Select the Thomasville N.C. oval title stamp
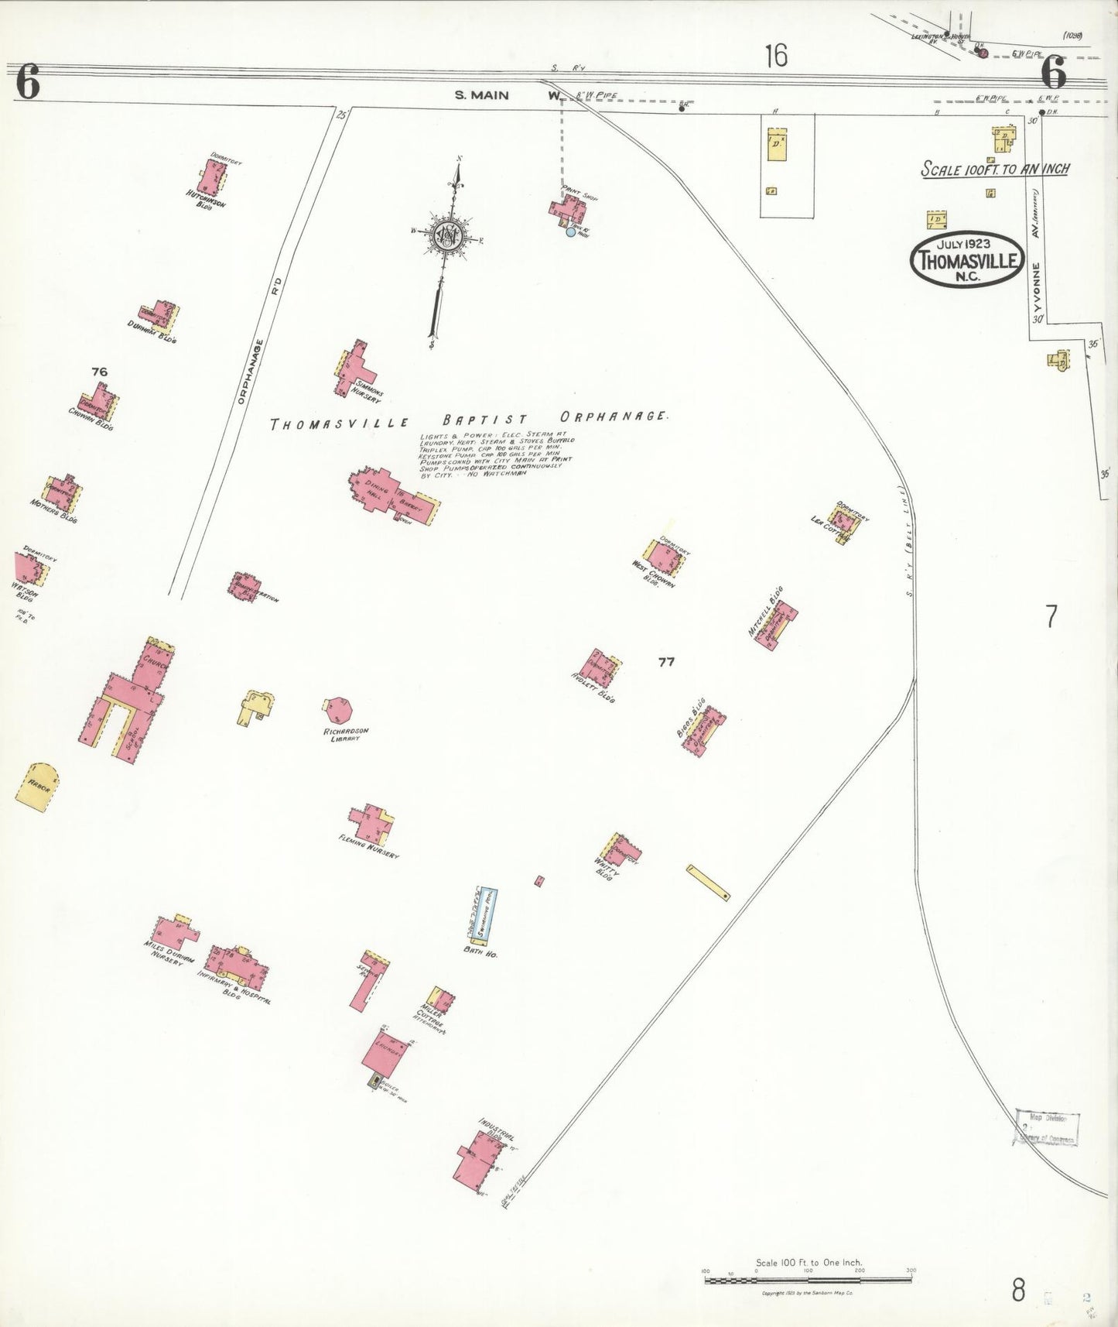tap(967, 259)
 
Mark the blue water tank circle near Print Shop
tap(571, 231)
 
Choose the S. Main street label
tap(481, 95)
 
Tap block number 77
tap(666, 662)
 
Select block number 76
tap(99, 372)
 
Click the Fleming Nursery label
tap(369, 849)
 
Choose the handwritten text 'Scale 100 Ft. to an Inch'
tap(995, 169)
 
